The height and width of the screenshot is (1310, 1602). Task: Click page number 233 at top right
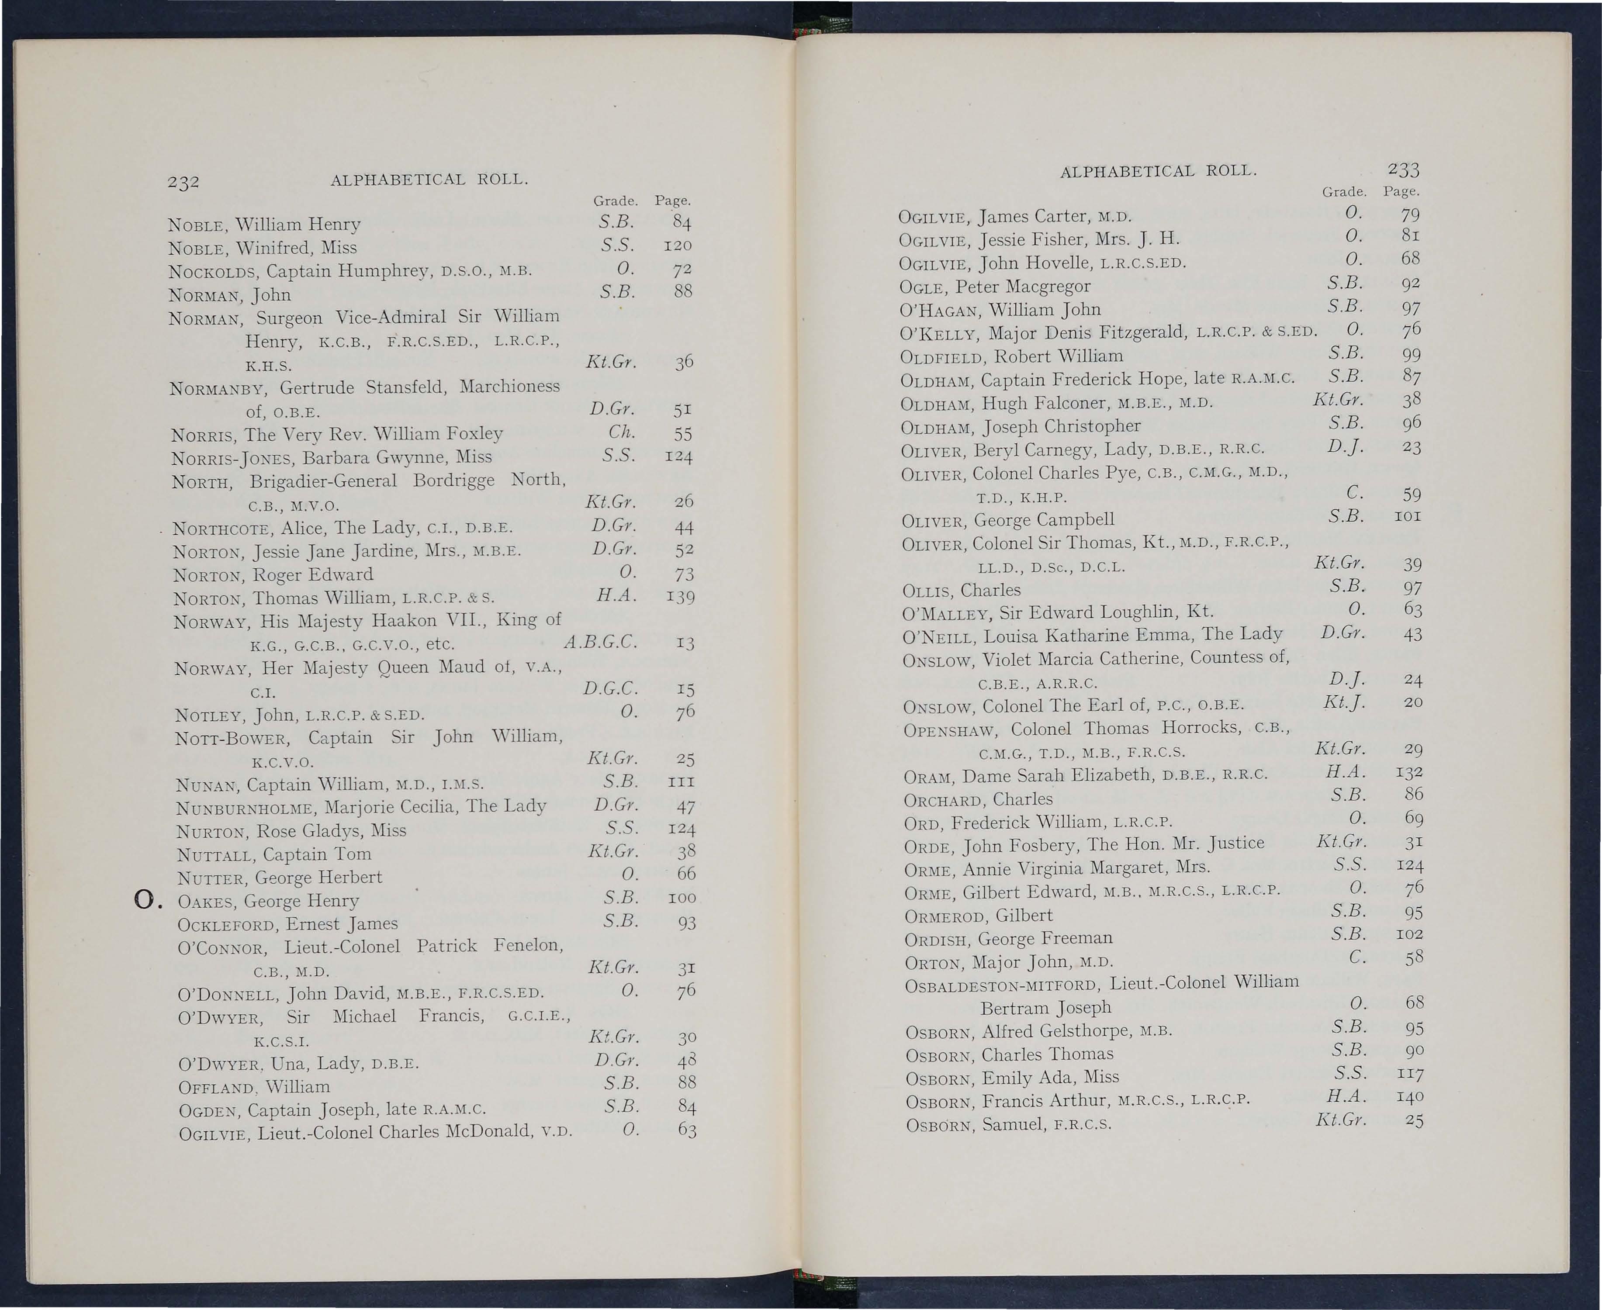click(x=1403, y=169)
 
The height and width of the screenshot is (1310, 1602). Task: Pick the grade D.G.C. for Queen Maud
click(x=610, y=688)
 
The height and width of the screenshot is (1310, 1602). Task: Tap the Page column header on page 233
click(x=1401, y=192)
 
